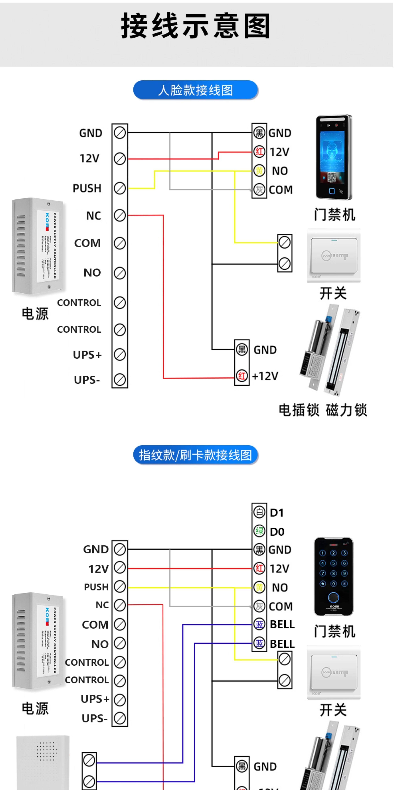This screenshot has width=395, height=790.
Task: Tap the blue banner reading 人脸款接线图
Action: [196, 90]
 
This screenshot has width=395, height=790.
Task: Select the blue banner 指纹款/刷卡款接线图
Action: [196, 455]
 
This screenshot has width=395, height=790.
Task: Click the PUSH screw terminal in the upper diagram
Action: [120, 188]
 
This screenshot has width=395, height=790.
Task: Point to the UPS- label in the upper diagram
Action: [87, 380]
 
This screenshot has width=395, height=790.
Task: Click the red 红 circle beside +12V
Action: [242, 376]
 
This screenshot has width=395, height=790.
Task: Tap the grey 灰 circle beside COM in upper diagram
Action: [259, 190]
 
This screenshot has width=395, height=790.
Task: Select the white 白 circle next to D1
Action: [259, 512]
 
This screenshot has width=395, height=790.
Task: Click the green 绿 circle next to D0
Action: [259, 531]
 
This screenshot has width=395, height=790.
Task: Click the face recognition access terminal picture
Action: [334, 157]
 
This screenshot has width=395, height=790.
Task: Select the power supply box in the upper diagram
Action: [38, 246]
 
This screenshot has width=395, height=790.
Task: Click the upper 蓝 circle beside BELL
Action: [259, 624]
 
